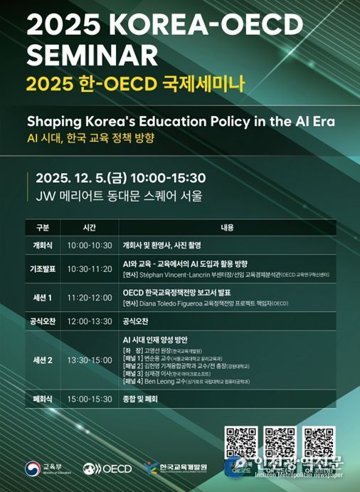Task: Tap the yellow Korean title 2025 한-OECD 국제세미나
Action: [135, 83]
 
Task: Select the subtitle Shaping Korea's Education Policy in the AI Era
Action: [181, 120]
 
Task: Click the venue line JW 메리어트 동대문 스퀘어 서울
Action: [114, 194]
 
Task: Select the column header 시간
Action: [89, 228]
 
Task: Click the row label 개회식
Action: [42, 244]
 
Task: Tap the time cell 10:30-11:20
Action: [89, 268]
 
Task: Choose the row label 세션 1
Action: [42, 297]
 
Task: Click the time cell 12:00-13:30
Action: [89, 322]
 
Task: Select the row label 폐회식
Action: [42, 399]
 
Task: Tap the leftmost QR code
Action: [240, 441]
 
